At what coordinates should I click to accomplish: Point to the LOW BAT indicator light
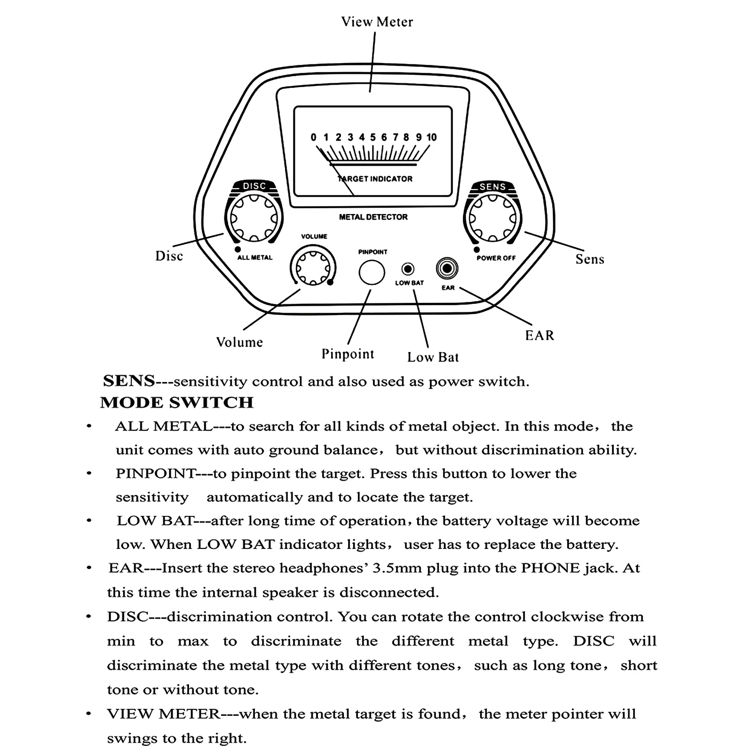(408, 269)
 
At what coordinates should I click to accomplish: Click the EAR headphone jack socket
(447, 269)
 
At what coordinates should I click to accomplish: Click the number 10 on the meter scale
(431, 137)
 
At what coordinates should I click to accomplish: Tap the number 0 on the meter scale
(314, 137)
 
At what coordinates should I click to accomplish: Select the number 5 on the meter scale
(373, 137)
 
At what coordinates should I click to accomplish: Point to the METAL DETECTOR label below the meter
(373, 217)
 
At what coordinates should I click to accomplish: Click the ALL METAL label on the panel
(255, 257)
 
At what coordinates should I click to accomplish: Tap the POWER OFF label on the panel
(496, 258)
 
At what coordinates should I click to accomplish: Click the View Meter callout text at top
(377, 22)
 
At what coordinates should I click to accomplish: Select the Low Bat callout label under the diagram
(433, 357)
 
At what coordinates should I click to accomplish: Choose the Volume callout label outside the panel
(239, 342)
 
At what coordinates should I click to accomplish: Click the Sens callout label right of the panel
(590, 259)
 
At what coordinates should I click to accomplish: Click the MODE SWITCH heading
(177, 403)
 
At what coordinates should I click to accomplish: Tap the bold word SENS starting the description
(129, 380)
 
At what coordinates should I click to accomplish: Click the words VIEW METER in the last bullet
(164, 714)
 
